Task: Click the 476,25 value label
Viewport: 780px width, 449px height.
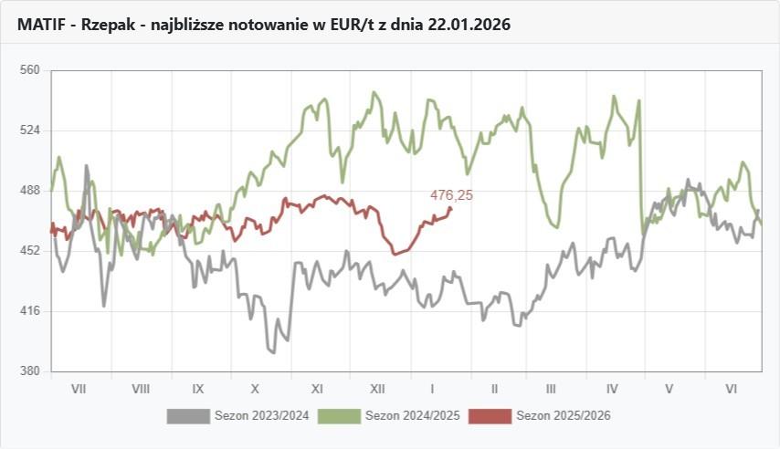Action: [x=451, y=195]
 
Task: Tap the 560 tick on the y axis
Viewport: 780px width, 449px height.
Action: [x=30, y=70]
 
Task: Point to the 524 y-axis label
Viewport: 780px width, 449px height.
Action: [x=30, y=131]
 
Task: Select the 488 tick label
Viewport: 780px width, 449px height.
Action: [x=30, y=191]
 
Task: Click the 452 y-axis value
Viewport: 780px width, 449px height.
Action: [x=30, y=251]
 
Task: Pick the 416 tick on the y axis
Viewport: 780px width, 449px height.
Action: [x=30, y=311]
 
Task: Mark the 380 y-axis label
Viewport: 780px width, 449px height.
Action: [x=30, y=371]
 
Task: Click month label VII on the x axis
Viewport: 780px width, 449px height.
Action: [x=79, y=389]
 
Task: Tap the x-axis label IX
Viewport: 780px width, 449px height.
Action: [x=197, y=389]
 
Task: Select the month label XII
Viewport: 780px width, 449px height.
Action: [x=376, y=389]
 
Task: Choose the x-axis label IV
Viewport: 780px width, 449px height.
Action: [x=612, y=389]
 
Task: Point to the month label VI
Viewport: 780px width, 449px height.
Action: [x=732, y=389]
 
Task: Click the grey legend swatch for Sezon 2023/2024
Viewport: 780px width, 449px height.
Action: [x=187, y=416]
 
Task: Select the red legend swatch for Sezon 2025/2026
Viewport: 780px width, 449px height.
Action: [x=490, y=416]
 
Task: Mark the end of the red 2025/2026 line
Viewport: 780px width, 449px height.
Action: [x=451, y=209]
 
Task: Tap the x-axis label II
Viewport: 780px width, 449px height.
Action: [x=494, y=389]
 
